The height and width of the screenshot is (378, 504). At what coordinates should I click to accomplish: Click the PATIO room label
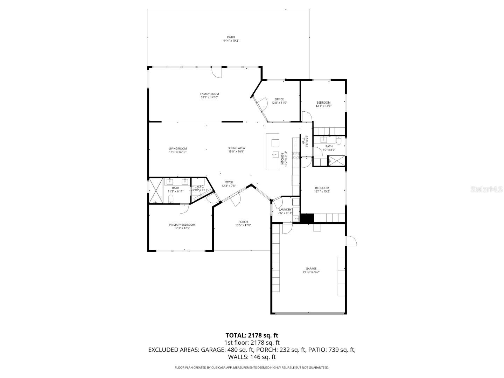[x=231, y=37]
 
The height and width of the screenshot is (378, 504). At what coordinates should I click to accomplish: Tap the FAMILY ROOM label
[x=209, y=94]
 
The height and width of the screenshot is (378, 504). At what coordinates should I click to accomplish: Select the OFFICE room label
[x=279, y=99]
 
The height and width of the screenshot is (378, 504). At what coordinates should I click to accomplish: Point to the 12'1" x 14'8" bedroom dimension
[x=323, y=106]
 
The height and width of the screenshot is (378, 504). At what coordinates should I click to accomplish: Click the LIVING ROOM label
[x=177, y=148]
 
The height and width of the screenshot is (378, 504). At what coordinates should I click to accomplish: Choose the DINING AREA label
[x=236, y=148]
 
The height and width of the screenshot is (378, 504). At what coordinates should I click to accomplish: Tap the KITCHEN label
[x=283, y=159]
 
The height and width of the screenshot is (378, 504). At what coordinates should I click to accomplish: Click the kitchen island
[x=273, y=152]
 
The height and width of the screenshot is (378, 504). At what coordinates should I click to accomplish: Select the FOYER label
[x=229, y=182]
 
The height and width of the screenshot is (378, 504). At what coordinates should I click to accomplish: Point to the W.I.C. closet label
[x=200, y=187]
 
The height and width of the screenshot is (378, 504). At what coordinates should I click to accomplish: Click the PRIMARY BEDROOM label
[x=182, y=225]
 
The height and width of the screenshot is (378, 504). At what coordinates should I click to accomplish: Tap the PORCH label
[x=243, y=222]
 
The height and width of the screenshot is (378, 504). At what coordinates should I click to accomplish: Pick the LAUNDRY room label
[x=285, y=210]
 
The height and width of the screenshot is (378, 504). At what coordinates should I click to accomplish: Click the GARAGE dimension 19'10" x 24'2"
[x=311, y=272]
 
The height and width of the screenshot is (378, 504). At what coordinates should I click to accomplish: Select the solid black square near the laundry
[x=308, y=218]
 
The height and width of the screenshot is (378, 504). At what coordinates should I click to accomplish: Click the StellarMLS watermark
[x=486, y=189]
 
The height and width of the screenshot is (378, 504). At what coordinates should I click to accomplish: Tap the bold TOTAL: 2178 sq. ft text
[x=252, y=335]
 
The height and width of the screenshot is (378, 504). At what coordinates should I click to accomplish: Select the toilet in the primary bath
[x=170, y=199]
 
